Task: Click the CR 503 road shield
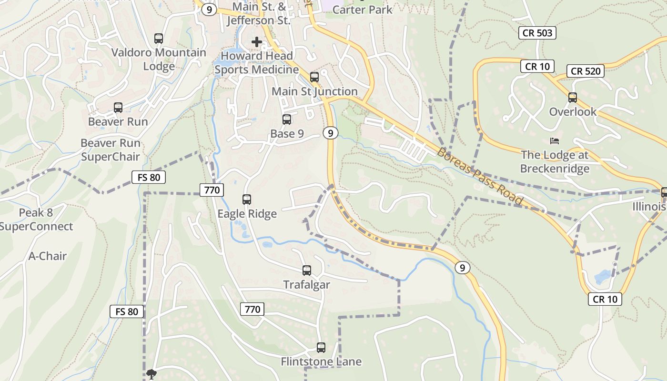pyautogui.click(x=537, y=32)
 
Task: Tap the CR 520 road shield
pyautogui.click(x=586, y=71)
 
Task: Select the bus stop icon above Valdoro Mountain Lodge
pyautogui.click(x=159, y=39)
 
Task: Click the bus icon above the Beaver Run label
pyautogui.click(x=118, y=108)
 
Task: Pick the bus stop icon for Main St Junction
pyautogui.click(x=314, y=77)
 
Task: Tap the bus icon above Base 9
pyautogui.click(x=287, y=120)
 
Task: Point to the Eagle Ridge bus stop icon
pyautogui.click(x=247, y=200)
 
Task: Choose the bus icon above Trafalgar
pyautogui.click(x=307, y=271)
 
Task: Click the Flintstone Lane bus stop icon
pyautogui.click(x=321, y=348)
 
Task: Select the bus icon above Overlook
pyautogui.click(x=573, y=98)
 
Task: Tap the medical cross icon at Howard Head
pyautogui.click(x=257, y=42)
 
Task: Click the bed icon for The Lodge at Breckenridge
pyautogui.click(x=555, y=141)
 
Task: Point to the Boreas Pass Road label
pyautogui.click(x=480, y=177)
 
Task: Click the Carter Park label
pyautogui.click(x=362, y=10)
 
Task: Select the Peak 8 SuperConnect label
pyautogui.click(x=37, y=220)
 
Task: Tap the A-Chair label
pyautogui.click(x=48, y=256)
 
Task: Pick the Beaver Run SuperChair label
pyautogui.click(x=111, y=150)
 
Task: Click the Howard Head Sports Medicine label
pyautogui.click(x=256, y=63)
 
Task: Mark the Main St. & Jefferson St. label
pyautogui.click(x=258, y=14)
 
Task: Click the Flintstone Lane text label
pyautogui.click(x=321, y=362)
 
